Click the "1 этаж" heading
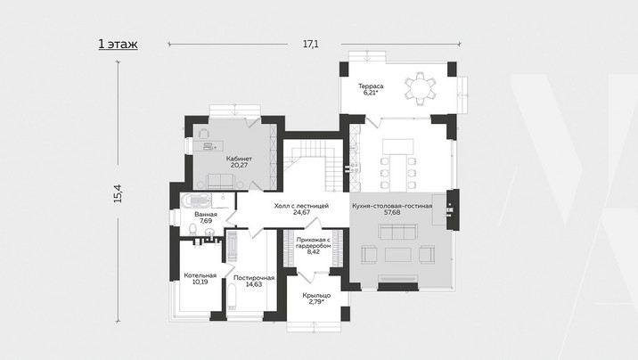pos(118,44)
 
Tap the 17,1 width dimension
pos(310,44)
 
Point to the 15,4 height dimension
pos(118,193)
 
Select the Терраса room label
pos(371,86)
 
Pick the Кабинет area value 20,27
pos(239,166)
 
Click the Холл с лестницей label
pos(301,206)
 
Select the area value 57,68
pos(392,212)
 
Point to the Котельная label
pos(200,275)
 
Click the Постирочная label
pos(254,278)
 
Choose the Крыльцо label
pos(316,295)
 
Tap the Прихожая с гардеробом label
pos(314,243)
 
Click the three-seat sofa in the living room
pos(397,233)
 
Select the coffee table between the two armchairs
pos(398,255)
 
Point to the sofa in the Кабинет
pos(220,182)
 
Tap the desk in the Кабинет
pos(208,145)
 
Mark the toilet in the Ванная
pos(192,229)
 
